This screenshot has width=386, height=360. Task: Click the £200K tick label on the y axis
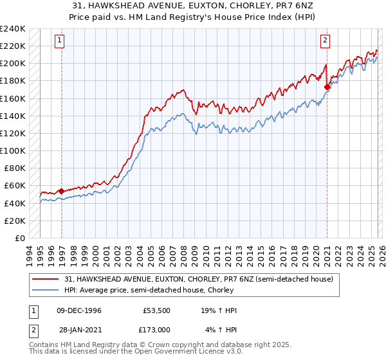coord(12,63)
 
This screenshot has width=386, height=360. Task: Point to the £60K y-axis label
coord(14,186)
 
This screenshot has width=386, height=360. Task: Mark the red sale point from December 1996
coord(61,191)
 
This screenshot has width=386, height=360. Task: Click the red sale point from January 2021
coord(327,87)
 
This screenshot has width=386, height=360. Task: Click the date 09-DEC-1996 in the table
coord(79,310)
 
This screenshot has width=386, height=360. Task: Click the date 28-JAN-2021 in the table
coord(79,330)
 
